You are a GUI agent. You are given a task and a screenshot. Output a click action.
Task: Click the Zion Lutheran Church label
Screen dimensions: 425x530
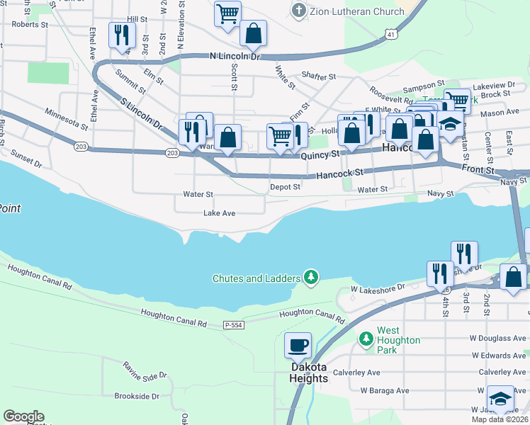358,11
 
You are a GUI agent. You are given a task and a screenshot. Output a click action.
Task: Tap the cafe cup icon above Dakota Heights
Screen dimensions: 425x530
298,346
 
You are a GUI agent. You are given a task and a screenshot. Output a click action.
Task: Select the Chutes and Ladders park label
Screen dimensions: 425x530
256,278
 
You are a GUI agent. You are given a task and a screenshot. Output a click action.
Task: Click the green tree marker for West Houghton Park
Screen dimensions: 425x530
366,340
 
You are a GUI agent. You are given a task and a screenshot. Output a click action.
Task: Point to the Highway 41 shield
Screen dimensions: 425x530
391,34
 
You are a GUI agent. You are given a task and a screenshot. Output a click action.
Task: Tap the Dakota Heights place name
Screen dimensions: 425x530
308,373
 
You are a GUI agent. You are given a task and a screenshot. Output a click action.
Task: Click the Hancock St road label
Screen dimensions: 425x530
339,172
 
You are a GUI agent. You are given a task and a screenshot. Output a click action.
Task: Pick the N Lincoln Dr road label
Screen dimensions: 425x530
235,56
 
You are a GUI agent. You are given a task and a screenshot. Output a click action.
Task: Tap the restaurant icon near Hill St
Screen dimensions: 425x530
120,35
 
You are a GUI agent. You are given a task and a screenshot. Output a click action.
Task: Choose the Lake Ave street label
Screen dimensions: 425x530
219,213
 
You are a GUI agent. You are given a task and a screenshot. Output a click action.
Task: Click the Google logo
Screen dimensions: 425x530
23,416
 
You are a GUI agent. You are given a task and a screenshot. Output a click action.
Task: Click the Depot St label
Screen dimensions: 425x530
285,188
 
